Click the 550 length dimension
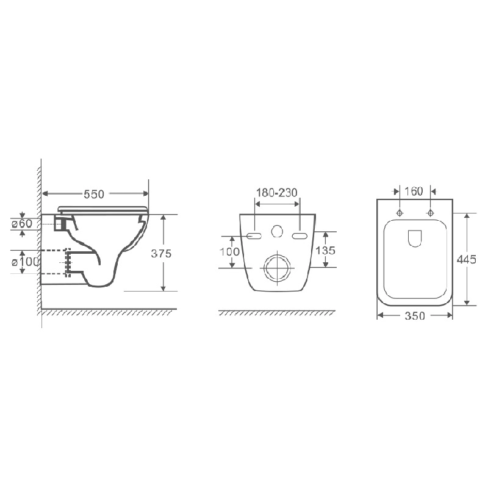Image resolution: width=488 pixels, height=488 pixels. pyautogui.click(x=94, y=194)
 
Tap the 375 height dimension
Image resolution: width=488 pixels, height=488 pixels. pyautogui.click(x=161, y=254)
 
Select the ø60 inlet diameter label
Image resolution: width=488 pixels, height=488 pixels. pyautogui.click(x=22, y=223)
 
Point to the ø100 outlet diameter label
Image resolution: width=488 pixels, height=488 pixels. pyautogui.click(x=26, y=262)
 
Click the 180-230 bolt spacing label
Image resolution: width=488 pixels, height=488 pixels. pyautogui.click(x=277, y=193)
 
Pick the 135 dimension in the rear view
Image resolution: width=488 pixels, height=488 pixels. pyautogui.click(x=325, y=250)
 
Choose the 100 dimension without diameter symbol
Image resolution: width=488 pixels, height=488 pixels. pyautogui.click(x=230, y=251)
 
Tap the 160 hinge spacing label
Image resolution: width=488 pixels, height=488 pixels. pyautogui.click(x=414, y=191)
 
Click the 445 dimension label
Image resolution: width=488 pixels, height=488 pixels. pyautogui.click(x=467, y=259)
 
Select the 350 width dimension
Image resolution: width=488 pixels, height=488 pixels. pyautogui.click(x=415, y=316)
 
